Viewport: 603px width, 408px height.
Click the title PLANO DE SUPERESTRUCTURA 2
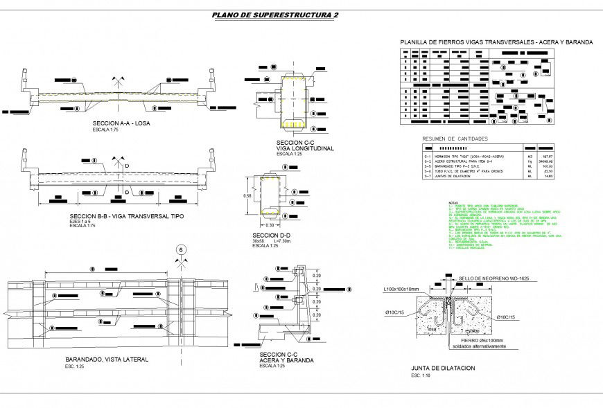pyautogui.click(x=275, y=15)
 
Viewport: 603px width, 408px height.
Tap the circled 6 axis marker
pyautogui.click(x=181, y=250)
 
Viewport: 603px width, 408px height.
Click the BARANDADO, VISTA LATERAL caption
pyautogui.click(x=107, y=360)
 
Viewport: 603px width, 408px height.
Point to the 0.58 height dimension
pyautogui.click(x=247, y=196)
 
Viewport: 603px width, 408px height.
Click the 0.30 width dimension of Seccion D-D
pyautogui.click(x=271, y=225)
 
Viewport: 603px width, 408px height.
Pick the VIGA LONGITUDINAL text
pyautogui.click(x=306, y=148)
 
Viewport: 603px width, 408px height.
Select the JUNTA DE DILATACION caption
pyautogui.click(x=443, y=369)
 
